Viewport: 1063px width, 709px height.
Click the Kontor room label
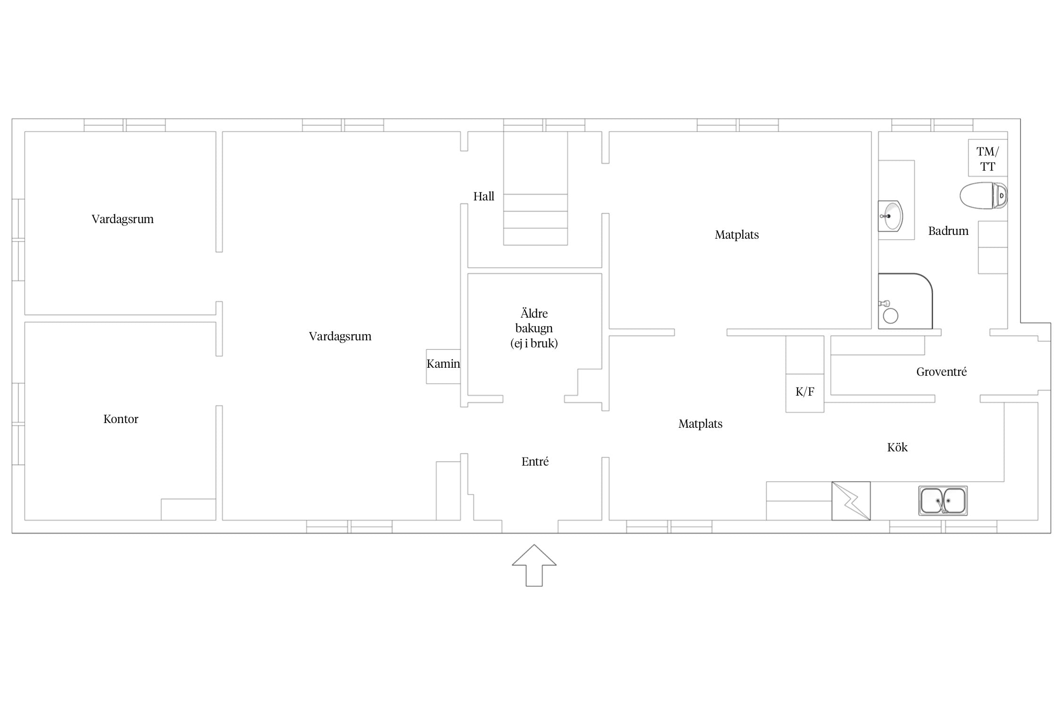121,419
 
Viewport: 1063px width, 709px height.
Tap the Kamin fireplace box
443,366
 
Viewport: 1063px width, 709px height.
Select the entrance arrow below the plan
534,565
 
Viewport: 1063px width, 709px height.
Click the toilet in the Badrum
984,195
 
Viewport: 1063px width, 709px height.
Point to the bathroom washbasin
891,216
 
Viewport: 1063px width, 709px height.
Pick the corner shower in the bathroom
905,301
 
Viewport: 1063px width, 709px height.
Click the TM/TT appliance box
988,158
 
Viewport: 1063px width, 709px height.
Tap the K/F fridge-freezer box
805,393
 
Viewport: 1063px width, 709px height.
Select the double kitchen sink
943,501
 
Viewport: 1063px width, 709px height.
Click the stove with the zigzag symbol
851,501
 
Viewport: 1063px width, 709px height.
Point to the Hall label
484,196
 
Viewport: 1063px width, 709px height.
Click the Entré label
535,462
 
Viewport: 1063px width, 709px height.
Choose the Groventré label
942,372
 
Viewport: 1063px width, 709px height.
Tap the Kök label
897,448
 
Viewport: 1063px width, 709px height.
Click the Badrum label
948,231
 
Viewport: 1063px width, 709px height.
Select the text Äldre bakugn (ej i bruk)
534,329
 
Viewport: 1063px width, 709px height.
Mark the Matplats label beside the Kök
701,424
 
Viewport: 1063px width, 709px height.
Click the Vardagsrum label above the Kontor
123,219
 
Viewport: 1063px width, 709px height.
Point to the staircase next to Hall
535,188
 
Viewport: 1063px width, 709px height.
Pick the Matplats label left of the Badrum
737,235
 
